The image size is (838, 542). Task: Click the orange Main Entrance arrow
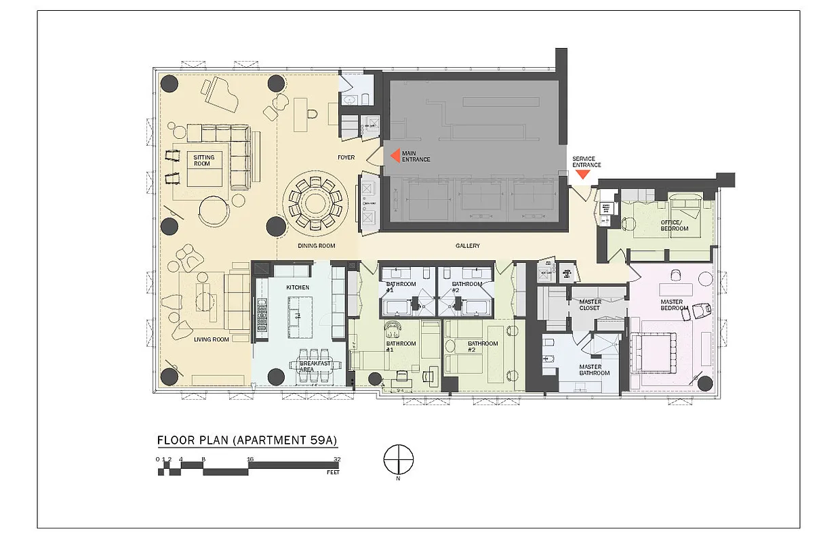point(393,155)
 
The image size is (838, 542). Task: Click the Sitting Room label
point(203,161)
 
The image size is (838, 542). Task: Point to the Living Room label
point(212,339)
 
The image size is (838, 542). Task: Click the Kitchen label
point(297,287)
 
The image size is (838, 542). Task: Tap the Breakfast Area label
point(315,367)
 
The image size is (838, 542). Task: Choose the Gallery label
point(468,246)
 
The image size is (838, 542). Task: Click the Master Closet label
point(590,305)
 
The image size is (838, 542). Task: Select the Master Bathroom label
point(594,370)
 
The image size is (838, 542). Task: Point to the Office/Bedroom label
point(675,226)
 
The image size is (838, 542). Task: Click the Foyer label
point(346,158)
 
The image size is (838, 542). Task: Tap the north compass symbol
point(398,459)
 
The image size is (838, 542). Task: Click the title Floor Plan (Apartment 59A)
point(247,440)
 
